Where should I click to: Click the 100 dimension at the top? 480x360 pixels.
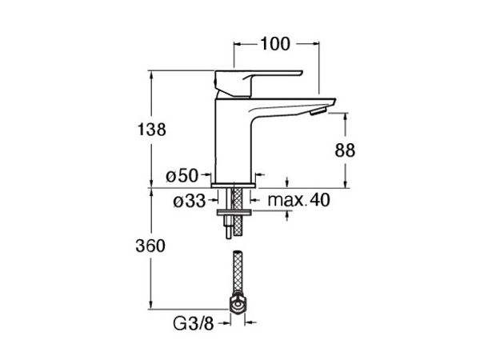[x=275, y=44]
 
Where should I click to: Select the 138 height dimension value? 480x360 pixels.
[x=151, y=129]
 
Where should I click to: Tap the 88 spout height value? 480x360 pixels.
[x=345, y=150]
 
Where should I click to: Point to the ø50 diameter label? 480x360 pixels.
[x=182, y=176]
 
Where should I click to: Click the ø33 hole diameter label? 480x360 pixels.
[x=190, y=201]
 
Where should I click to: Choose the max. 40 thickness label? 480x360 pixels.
[x=298, y=200]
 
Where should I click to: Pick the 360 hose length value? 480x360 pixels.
[x=150, y=246]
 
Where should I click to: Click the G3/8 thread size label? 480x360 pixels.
[x=193, y=323]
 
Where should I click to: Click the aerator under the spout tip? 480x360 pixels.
[x=318, y=112]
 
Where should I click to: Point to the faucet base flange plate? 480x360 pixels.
[x=234, y=186]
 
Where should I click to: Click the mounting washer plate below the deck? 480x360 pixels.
[x=234, y=213]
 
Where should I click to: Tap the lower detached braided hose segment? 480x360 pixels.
[x=238, y=273]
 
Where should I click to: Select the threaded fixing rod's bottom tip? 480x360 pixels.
[x=229, y=238]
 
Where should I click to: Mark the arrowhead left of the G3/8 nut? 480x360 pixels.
[x=227, y=322]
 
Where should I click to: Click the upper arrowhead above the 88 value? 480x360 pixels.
[x=346, y=116]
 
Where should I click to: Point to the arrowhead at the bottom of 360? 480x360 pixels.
[x=150, y=306]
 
